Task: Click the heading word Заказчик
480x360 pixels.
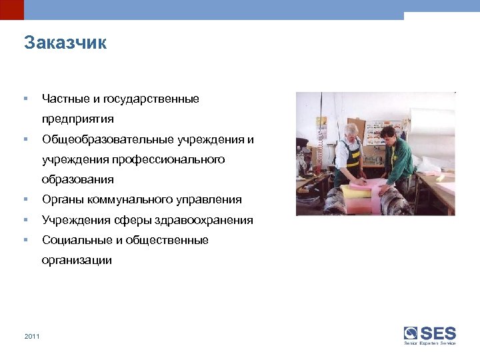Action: (65, 43)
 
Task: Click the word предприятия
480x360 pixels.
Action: (77, 119)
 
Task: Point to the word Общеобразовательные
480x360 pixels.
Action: (109, 139)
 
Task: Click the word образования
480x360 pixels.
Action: (77, 179)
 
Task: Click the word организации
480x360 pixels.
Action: (77, 260)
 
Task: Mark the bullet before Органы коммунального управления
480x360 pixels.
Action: (25, 199)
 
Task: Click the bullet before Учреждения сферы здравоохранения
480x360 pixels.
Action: (25, 220)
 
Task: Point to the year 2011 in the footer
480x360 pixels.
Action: (31, 336)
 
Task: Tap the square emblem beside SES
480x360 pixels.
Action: (411, 333)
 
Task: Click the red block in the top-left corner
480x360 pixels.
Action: (11, 9)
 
